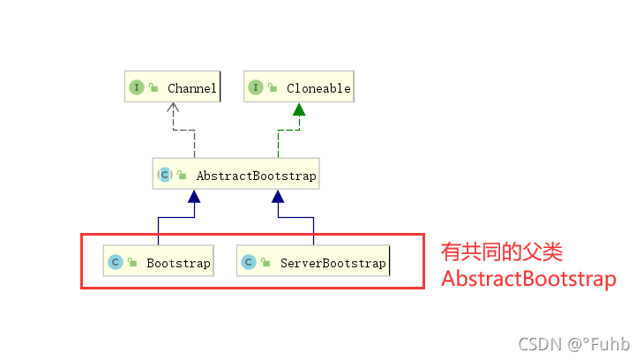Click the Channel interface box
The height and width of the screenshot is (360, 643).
[171, 87]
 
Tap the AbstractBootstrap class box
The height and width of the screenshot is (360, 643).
[236, 175]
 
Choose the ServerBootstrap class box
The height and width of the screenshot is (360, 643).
[313, 262]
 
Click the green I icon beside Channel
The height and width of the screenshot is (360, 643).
[137, 87]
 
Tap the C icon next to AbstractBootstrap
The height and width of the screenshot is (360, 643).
[165, 175]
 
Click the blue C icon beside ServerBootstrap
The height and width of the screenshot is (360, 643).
[250, 262]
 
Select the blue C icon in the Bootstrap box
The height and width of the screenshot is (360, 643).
[116, 262]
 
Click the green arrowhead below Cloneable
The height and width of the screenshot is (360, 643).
[299, 109]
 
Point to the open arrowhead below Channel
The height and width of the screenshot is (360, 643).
[175, 109]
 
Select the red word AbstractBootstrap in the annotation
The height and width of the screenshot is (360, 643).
[527, 279]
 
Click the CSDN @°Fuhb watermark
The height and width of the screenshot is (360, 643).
[574, 342]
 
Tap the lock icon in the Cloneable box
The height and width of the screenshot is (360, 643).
[273, 87]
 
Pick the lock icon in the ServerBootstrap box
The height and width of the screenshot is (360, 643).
[265, 262]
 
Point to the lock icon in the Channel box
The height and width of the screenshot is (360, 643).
[153, 87]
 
